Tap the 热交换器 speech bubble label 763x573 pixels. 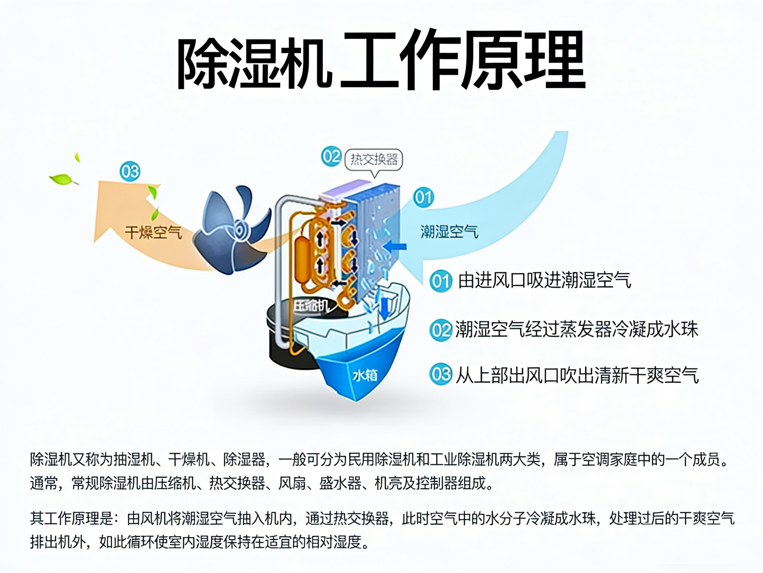click(x=374, y=159)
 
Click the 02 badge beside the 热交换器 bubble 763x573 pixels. click(x=331, y=156)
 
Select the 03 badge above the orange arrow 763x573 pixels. click(x=130, y=171)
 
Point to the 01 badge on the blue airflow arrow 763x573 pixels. click(x=423, y=197)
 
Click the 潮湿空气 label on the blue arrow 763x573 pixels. click(x=449, y=231)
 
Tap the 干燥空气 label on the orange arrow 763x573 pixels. click(x=153, y=232)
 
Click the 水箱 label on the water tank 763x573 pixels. click(x=365, y=375)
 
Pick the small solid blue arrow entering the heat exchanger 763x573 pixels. click(x=395, y=247)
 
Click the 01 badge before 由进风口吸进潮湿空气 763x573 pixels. click(x=441, y=281)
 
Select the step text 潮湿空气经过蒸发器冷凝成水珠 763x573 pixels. click(x=576, y=329)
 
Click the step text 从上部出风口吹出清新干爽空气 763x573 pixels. click(x=577, y=375)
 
